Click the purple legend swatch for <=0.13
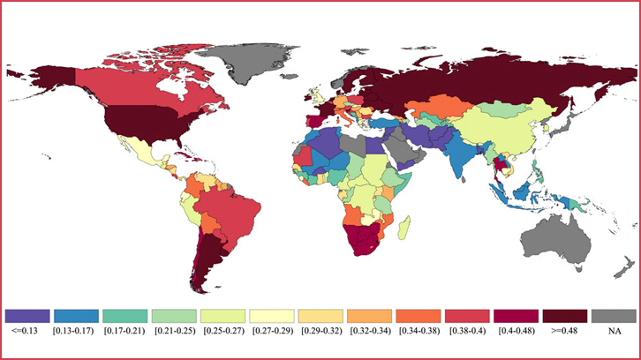(26, 315)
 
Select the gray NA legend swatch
(614, 315)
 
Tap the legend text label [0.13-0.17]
(75, 332)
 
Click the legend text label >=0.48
(565, 332)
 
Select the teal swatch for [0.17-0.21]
(124, 315)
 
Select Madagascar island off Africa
(404, 229)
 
